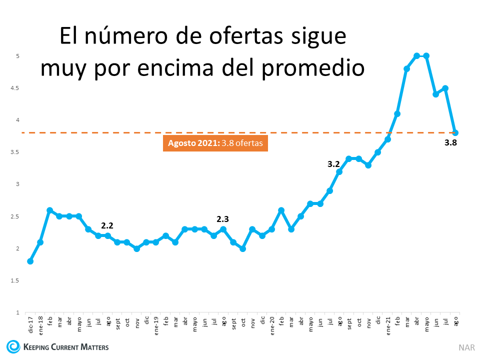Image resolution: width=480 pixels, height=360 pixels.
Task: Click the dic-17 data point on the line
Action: click(30, 261)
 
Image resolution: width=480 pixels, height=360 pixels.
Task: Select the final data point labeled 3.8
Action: click(455, 132)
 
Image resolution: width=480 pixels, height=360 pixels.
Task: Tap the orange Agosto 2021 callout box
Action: click(215, 143)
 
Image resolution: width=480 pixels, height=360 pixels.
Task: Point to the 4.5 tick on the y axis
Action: click(15, 88)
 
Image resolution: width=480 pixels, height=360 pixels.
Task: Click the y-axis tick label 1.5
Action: click(15, 280)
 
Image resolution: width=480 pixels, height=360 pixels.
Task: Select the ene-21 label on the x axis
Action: click(388, 323)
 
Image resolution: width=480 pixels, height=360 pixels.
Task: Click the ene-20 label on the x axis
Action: click(272, 323)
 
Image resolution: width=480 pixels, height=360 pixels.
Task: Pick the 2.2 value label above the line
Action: click(107, 225)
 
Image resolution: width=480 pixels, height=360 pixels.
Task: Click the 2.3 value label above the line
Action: click(223, 219)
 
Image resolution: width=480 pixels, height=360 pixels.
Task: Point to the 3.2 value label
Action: click(333, 163)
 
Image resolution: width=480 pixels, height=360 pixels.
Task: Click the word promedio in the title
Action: click(311, 67)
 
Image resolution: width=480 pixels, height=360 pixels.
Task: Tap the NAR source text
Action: click(466, 347)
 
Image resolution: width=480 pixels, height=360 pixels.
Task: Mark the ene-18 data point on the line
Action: click(40, 242)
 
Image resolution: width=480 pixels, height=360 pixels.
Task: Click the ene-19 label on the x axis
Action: click(156, 323)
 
